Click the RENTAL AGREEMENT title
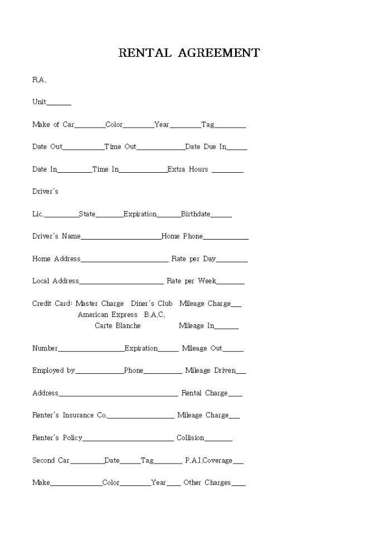(189, 53)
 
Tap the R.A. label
(39, 80)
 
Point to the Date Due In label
(206, 147)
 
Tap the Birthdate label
(196, 214)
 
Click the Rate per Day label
(193, 259)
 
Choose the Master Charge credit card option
(100, 304)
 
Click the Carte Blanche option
(118, 325)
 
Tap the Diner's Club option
(152, 304)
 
